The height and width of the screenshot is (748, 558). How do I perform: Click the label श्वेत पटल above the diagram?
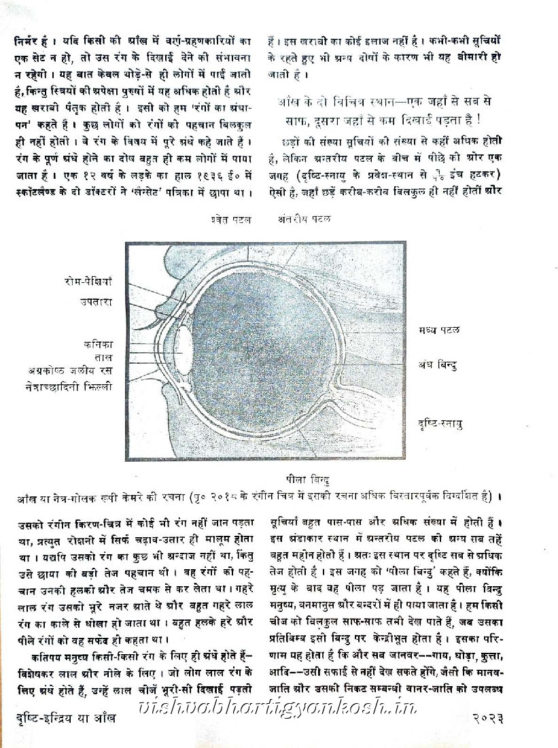coord(231,220)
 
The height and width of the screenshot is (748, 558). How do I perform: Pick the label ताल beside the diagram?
coord(105,358)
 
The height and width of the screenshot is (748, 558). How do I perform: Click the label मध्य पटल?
coord(439,330)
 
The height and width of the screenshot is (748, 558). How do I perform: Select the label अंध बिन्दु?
coord(437,365)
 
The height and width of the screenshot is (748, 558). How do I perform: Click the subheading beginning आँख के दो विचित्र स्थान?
coord(389,109)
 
